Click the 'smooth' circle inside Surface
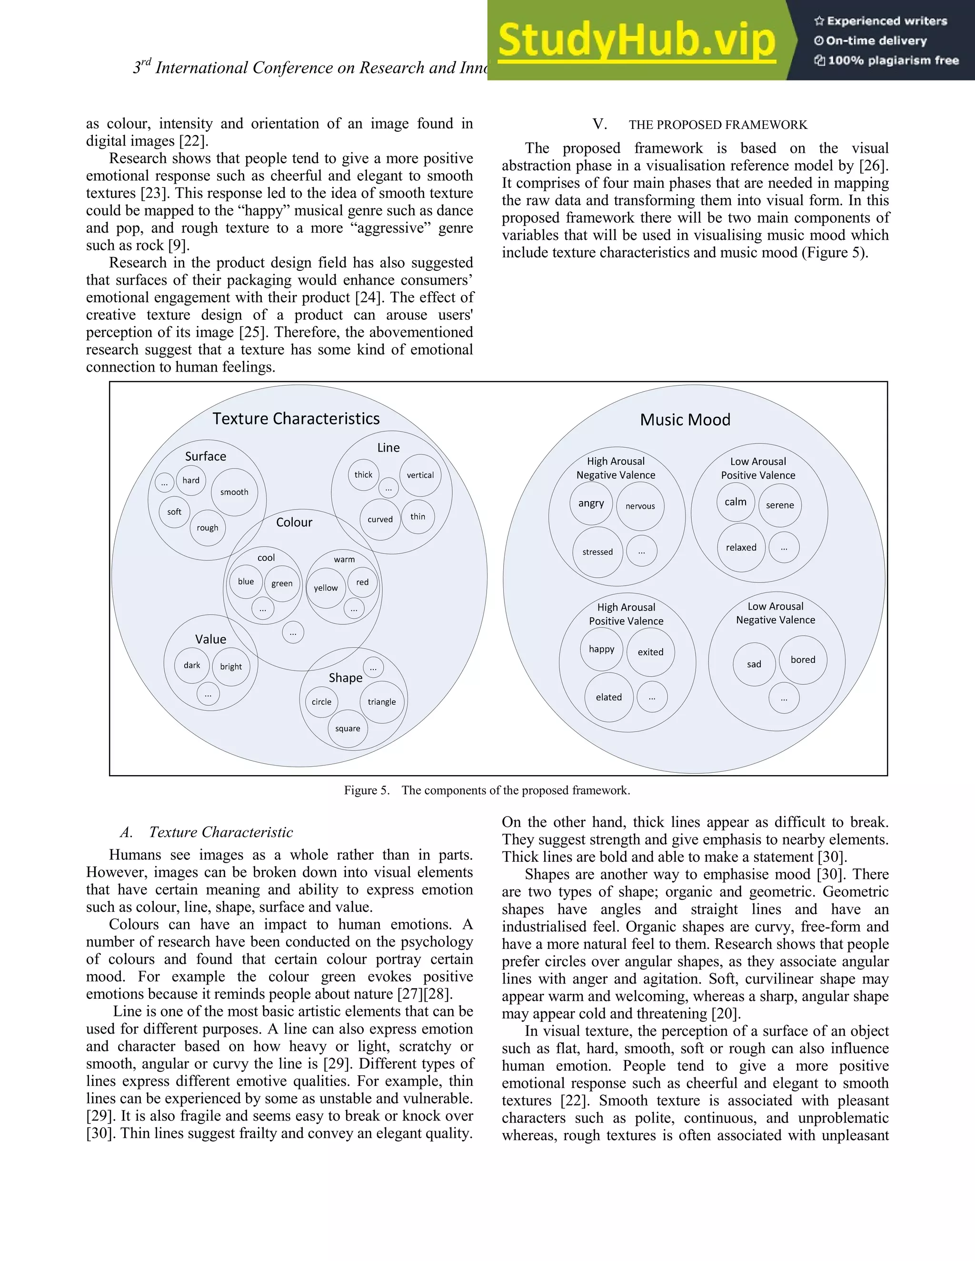[234, 492]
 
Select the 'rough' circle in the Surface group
[208, 528]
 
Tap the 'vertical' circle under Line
[420, 475]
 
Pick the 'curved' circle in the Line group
[380, 519]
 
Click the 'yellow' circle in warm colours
[326, 588]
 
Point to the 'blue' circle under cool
[246, 581]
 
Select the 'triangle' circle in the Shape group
[382, 702]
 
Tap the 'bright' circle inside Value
[231, 666]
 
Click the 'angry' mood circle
[591, 503]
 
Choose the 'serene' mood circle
[780, 505]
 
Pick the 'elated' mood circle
[609, 698]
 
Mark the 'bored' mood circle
[803, 660]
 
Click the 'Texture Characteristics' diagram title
[296, 419]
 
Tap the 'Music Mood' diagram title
[685, 420]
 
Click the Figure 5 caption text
[487, 790]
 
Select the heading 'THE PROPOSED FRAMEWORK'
[718, 125]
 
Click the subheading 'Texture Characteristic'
[220, 832]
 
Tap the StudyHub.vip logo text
[637, 40]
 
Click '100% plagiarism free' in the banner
[893, 60]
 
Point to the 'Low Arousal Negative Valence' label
[775, 613]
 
